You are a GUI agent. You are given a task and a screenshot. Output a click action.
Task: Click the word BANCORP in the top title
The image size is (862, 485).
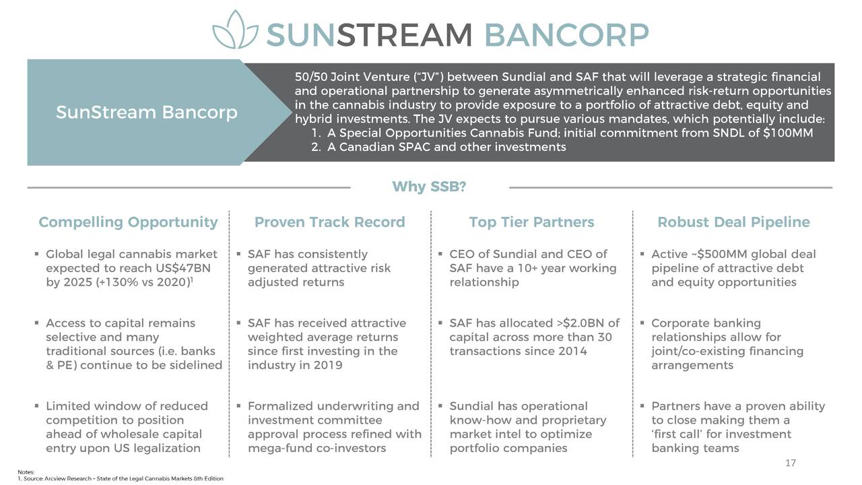(566, 35)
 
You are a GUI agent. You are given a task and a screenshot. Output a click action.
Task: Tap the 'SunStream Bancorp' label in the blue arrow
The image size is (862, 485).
(147, 112)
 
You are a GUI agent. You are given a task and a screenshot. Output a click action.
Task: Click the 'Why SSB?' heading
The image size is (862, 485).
(429, 187)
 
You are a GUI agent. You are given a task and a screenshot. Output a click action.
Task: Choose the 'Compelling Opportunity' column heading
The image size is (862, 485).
(128, 222)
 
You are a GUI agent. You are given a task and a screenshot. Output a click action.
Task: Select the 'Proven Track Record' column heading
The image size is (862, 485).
(330, 222)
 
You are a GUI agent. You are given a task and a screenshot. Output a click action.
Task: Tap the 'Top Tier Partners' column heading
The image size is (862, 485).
(531, 222)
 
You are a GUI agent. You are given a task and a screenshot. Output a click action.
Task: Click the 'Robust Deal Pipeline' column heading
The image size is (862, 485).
(733, 222)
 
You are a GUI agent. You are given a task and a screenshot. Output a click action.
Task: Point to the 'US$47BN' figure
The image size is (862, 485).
(183, 268)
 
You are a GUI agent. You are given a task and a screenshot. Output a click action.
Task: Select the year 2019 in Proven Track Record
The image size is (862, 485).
(327, 365)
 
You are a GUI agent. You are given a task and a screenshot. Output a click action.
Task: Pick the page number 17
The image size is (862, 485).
(791, 463)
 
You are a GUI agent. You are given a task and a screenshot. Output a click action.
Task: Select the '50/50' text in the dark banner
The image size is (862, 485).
(311, 77)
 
